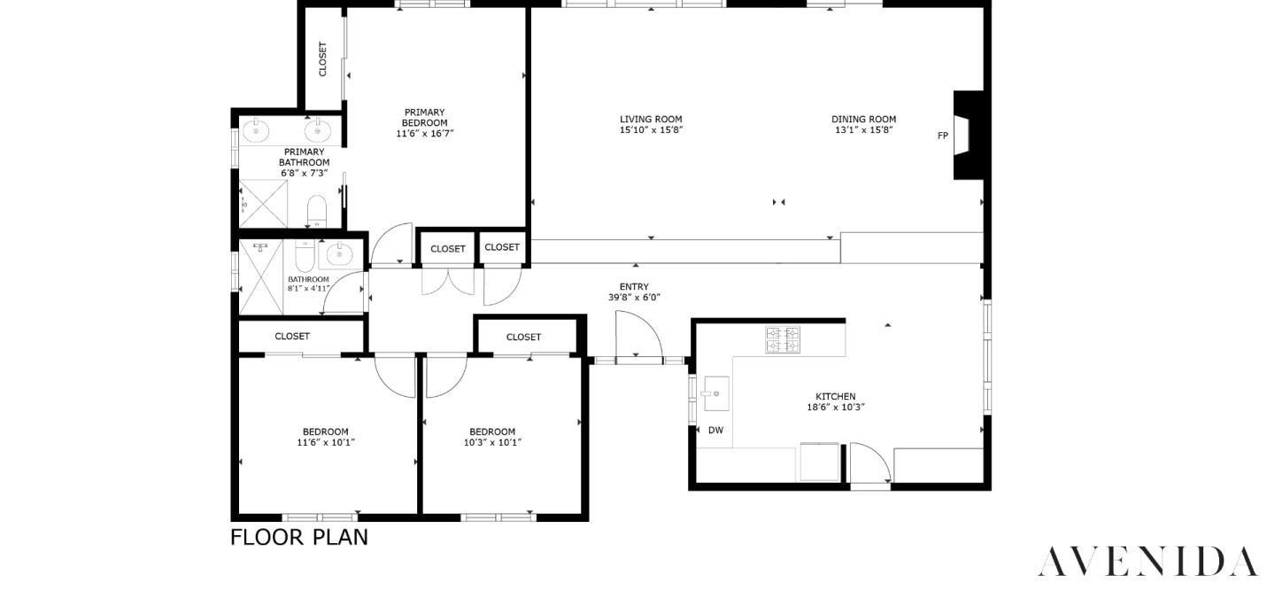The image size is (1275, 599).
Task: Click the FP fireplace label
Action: (943, 136)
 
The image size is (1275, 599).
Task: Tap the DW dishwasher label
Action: (715, 431)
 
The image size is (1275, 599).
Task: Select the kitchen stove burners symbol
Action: (783, 339)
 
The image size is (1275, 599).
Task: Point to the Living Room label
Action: (651, 119)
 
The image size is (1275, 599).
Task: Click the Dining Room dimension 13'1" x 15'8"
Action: (863, 130)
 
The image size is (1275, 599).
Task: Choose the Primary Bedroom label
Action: (424, 117)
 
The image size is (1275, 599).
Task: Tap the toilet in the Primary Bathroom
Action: (317, 211)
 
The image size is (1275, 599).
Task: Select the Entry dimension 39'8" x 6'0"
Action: (634, 298)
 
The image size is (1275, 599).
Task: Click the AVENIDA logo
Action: (1147, 562)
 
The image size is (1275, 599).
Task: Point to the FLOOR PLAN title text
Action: (299, 537)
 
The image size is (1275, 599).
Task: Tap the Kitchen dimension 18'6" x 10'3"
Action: (835, 408)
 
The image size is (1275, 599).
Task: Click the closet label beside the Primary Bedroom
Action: (323, 59)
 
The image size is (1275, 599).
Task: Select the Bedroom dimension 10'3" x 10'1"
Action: (492, 442)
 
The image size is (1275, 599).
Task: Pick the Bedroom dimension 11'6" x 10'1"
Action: (326, 442)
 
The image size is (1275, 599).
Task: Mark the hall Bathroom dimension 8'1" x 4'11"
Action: (308, 288)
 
